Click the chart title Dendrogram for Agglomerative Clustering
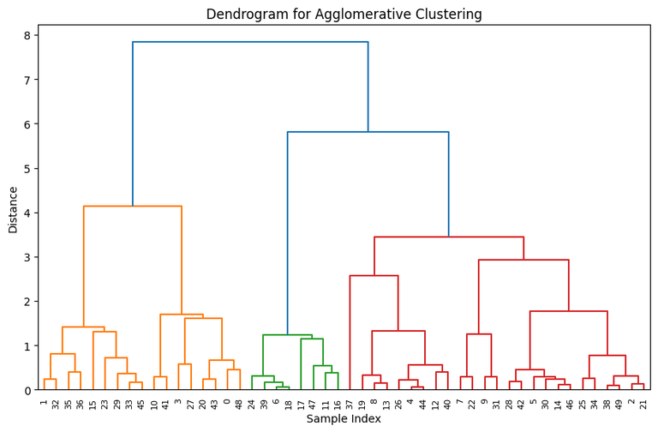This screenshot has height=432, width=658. pos(356,15)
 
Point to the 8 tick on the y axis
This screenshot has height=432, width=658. pos(27,36)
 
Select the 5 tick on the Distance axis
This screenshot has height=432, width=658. pos(27,169)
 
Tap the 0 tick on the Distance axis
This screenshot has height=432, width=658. pos(27,390)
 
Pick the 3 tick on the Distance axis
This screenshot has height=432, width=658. pos(27,257)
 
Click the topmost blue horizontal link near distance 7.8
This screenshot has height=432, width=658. pos(250,42)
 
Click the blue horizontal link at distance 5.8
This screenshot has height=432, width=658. pos(368,132)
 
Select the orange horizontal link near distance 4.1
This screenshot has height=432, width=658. pos(133,207)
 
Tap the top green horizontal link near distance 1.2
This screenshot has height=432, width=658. pos(287,335)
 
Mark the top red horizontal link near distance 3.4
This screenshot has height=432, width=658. pos(449,237)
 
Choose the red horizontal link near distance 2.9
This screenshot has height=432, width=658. pos(523,260)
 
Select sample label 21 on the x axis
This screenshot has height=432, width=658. pos(643,403)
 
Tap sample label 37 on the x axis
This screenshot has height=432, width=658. pos(350,403)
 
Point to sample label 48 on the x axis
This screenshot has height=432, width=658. pos(240,403)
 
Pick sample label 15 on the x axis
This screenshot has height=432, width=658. pos(93,403)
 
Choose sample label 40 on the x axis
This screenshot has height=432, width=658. pos(447,403)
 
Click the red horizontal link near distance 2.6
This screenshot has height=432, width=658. pos(374,276)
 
